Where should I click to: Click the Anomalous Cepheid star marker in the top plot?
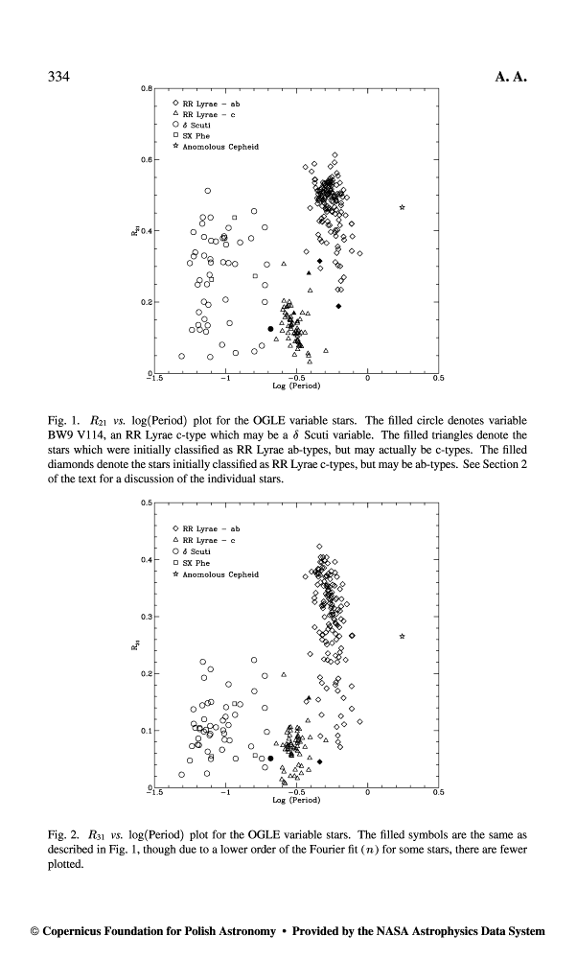(x=402, y=207)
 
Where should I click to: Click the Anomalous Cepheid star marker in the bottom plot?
(x=402, y=636)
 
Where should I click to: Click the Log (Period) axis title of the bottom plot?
(x=296, y=799)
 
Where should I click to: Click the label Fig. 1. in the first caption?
(x=62, y=420)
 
